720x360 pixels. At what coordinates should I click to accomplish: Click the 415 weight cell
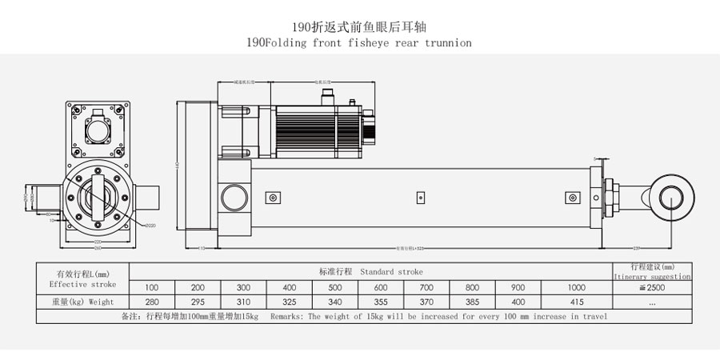[x=576, y=302]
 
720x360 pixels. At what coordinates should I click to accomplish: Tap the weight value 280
[x=152, y=302]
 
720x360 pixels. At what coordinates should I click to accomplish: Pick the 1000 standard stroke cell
[x=576, y=287]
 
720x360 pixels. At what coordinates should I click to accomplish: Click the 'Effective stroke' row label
[x=82, y=284]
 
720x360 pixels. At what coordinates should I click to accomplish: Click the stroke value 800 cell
[x=472, y=287]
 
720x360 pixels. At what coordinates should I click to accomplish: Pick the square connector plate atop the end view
[x=102, y=128]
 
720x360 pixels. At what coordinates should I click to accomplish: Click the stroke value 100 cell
[x=152, y=287]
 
